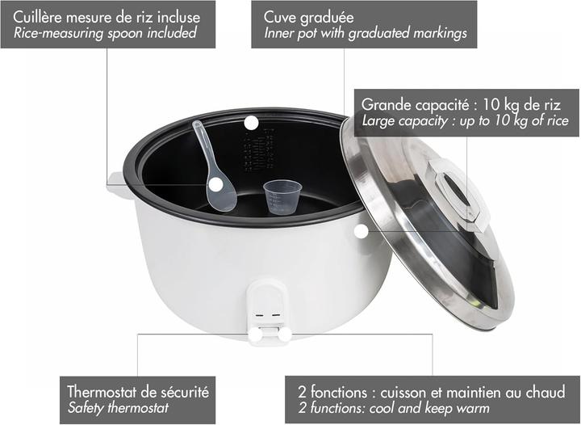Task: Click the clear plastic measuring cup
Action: (x=282, y=196)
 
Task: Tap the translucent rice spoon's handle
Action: (x=203, y=145)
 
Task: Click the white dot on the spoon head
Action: (x=215, y=185)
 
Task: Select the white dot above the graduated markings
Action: (x=251, y=123)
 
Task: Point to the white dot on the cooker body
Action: (x=361, y=231)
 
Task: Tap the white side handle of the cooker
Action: (x=118, y=185)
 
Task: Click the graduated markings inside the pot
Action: (x=259, y=150)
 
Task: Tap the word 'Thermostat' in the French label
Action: (x=102, y=392)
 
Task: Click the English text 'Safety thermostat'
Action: (x=118, y=408)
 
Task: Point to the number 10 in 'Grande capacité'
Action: (x=490, y=105)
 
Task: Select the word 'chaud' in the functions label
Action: (x=545, y=393)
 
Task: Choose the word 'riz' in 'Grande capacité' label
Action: (x=551, y=105)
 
